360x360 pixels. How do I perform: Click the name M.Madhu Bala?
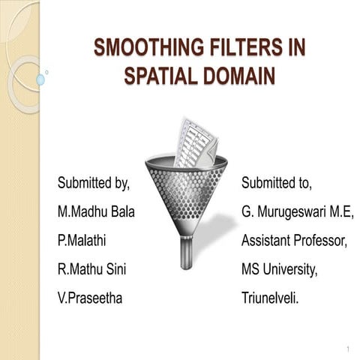[x=96, y=212]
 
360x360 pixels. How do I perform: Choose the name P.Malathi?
[x=82, y=241]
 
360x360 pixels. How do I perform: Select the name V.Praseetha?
[x=90, y=298]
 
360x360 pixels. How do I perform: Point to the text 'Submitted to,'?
[x=277, y=183]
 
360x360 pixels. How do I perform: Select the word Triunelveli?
[x=270, y=298]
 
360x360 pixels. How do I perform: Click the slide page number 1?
[x=349, y=350]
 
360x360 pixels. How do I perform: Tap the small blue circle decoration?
[x=40, y=79]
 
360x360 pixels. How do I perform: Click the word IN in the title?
[x=295, y=49]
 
